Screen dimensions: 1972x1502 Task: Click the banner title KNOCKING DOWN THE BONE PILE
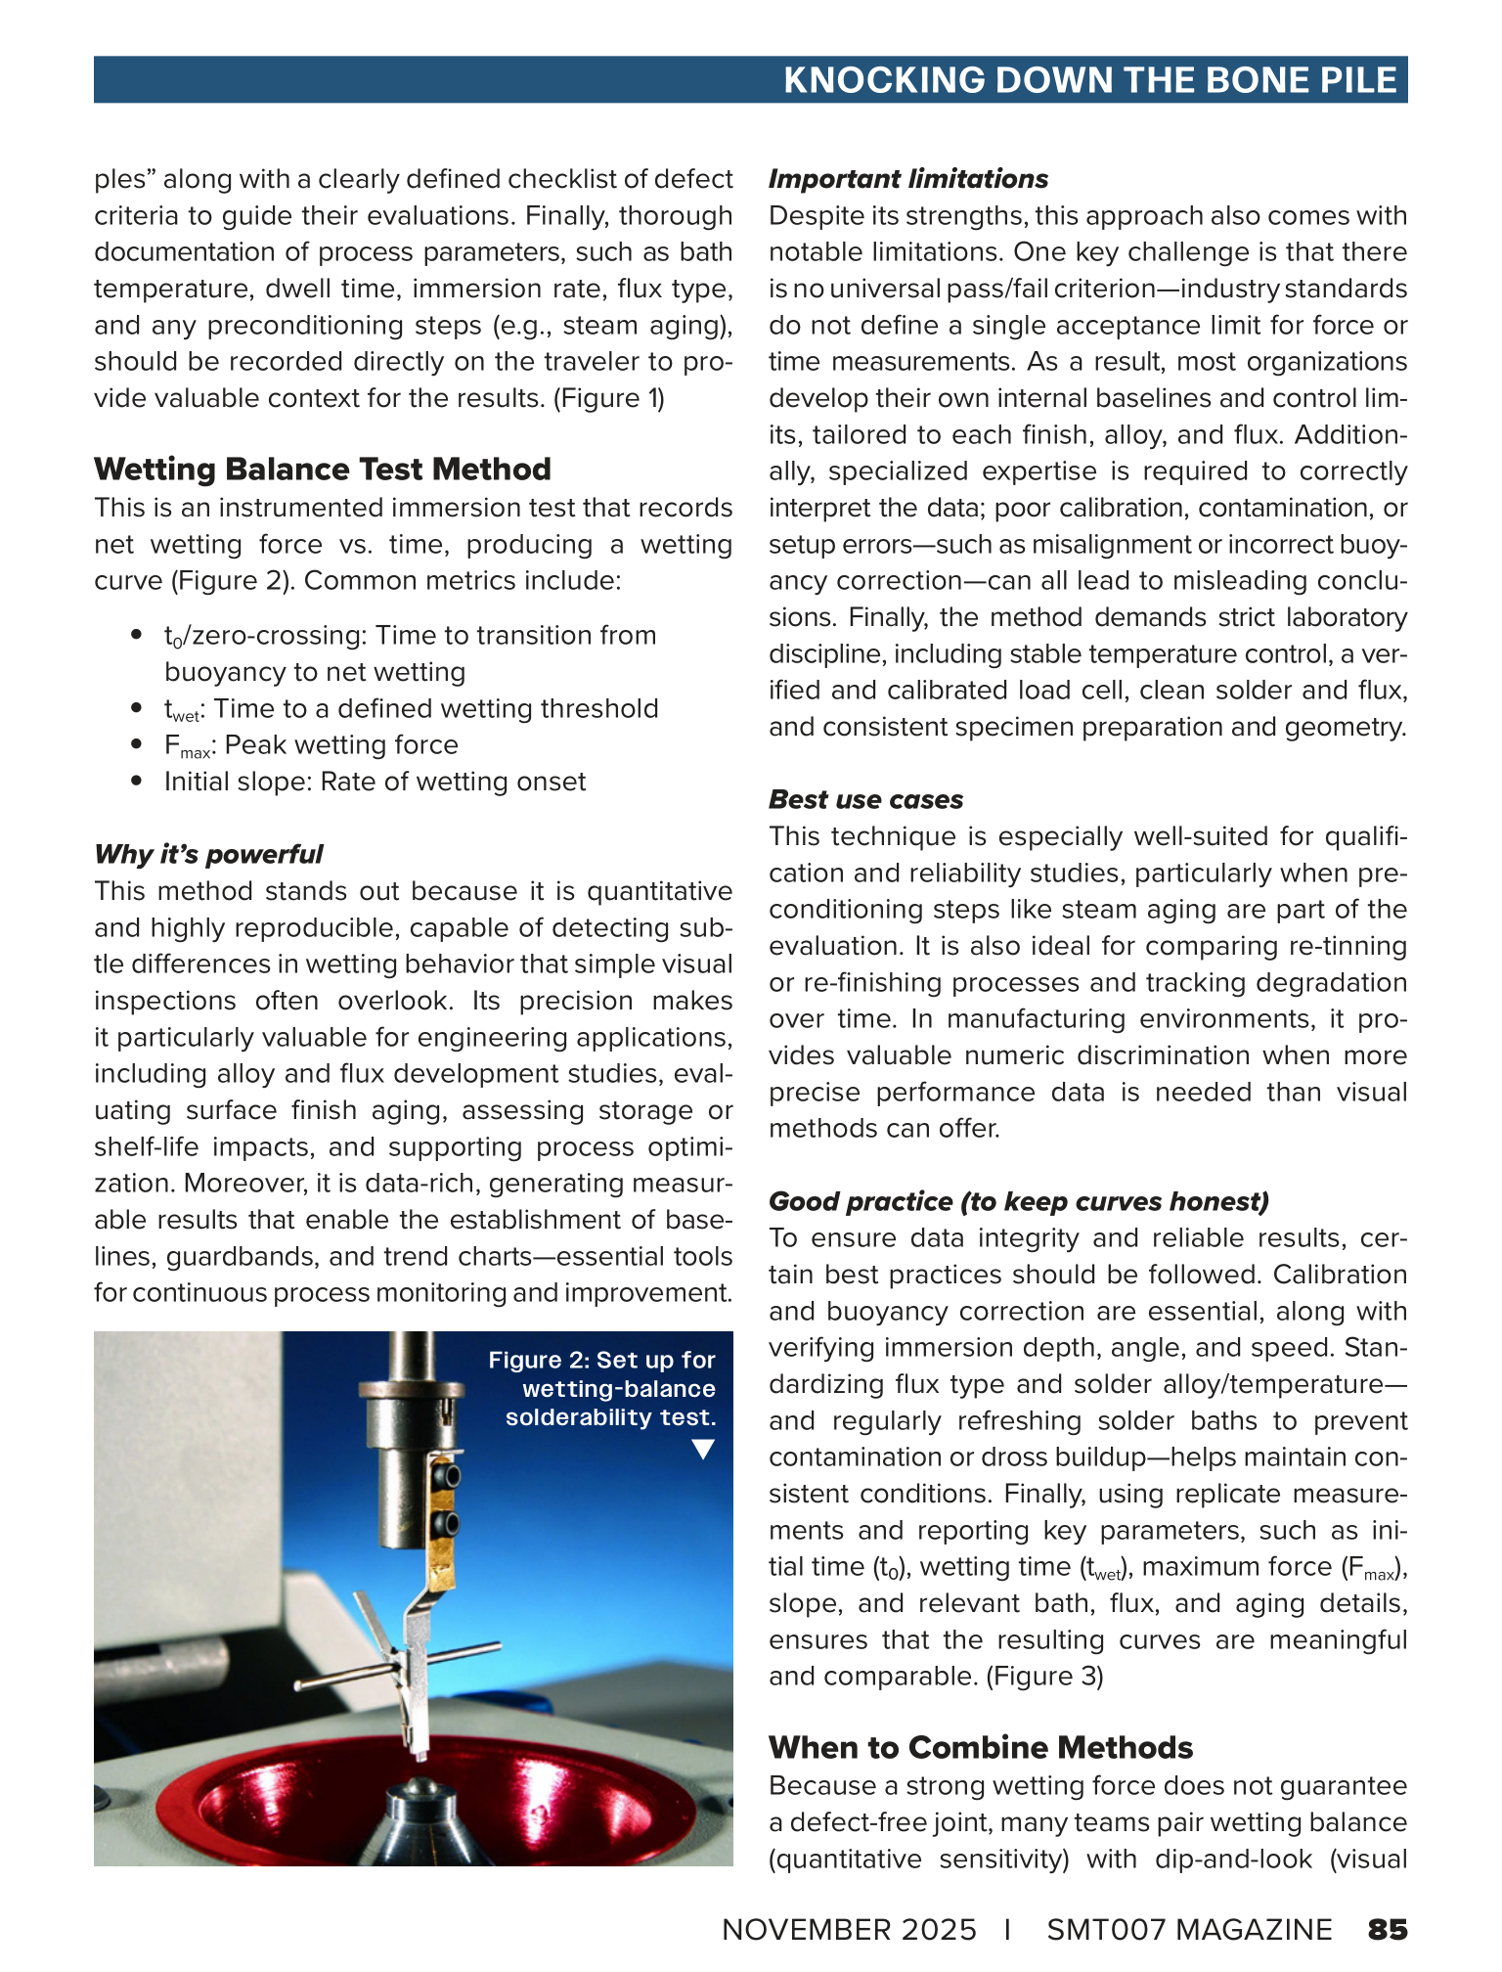pyautogui.click(x=1089, y=80)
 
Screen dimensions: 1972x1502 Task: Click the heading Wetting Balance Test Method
pyautogui.click(x=323, y=470)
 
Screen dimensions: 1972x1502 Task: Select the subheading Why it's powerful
pyautogui.click(x=208, y=854)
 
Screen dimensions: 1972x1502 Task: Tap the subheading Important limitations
pyautogui.click(x=907, y=179)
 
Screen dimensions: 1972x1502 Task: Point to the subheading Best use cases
pyautogui.click(x=865, y=799)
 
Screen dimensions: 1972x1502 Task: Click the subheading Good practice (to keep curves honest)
pyautogui.click(x=1018, y=1201)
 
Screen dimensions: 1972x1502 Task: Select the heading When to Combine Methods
pyautogui.click(x=981, y=1747)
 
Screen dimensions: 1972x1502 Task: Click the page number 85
pyautogui.click(x=1388, y=1929)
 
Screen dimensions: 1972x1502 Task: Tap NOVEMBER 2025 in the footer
pyautogui.click(x=849, y=1929)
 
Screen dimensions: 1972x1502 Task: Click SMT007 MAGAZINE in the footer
pyautogui.click(x=1189, y=1929)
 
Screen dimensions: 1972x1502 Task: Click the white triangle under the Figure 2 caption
pyautogui.click(x=702, y=1449)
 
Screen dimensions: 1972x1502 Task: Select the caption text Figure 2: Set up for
pyautogui.click(x=601, y=1360)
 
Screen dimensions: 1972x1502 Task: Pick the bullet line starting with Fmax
pyautogui.click(x=311, y=745)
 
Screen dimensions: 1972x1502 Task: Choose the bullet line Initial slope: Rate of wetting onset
pyautogui.click(x=375, y=782)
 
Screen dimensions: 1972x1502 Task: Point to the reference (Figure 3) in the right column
pyautogui.click(x=1044, y=1676)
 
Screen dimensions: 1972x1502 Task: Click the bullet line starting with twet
pyautogui.click(x=411, y=708)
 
